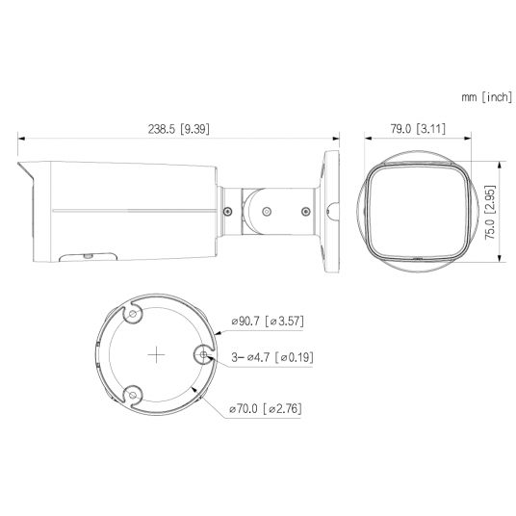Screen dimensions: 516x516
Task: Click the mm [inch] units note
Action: (x=485, y=97)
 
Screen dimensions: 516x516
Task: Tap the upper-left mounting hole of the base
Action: (x=134, y=314)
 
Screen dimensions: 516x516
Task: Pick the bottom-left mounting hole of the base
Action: (x=134, y=393)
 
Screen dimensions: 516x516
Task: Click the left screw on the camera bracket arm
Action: (x=227, y=209)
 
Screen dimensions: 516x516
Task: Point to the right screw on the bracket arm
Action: (x=305, y=210)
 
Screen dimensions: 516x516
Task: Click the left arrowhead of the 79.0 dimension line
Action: (x=367, y=139)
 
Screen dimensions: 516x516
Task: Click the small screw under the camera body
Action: (x=88, y=256)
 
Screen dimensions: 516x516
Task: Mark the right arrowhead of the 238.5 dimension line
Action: (x=339, y=139)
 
